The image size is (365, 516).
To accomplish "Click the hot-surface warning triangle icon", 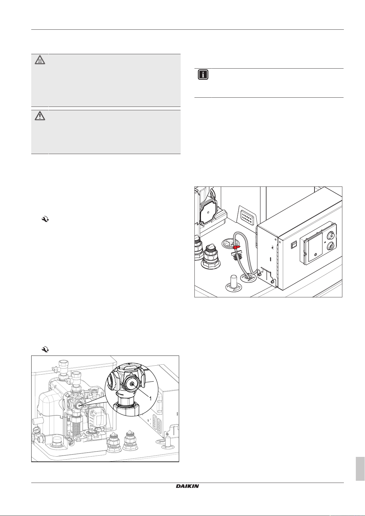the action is click(x=40, y=60).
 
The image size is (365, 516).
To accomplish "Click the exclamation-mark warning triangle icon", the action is click(x=40, y=116).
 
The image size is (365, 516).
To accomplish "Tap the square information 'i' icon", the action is click(x=203, y=75).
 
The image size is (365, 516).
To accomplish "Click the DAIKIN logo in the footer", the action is click(x=187, y=486).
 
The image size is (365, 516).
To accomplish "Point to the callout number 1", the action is click(x=150, y=398).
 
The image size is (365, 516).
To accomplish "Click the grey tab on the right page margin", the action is click(x=360, y=469).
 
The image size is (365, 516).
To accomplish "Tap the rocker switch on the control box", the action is click(x=294, y=245).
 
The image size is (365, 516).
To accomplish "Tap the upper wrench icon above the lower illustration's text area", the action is click(x=45, y=219).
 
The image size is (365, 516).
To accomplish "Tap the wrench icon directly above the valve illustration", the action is click(x=45, y=349).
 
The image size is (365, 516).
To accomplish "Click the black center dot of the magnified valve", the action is click(x=132, y=384).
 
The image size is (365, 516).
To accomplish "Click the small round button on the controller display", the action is click(x=315, y=255).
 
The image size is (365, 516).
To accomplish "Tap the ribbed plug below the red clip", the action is click(x=235, y=255).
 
